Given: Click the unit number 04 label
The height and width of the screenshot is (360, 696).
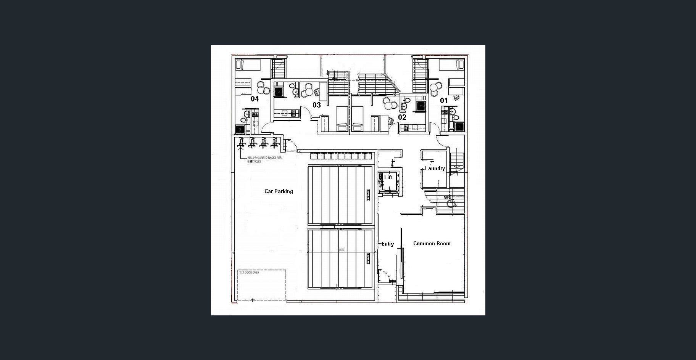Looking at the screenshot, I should pos(255,99).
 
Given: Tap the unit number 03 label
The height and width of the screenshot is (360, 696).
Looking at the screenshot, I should pos(317,105).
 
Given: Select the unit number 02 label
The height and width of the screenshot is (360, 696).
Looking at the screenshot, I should pos(402,117).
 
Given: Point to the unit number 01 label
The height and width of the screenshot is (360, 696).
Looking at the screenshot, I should pos(444,100).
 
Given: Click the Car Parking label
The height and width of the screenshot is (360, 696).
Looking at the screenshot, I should pos(279,191).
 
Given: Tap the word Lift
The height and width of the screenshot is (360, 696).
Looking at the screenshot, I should pos(388,177).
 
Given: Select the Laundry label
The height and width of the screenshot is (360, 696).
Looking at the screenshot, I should pos(435,168).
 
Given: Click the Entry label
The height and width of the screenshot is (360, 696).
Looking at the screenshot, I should pos(388,244).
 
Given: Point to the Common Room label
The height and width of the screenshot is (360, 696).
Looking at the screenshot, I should pos(432,243).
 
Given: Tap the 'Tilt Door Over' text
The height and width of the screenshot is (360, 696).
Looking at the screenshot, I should pos(249,272).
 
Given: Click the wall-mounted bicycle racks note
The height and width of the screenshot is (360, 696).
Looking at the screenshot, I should pos(264,159).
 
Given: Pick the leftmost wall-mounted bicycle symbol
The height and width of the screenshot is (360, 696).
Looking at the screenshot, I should pos(241,143).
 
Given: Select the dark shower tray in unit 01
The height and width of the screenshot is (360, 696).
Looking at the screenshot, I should pos(459,127).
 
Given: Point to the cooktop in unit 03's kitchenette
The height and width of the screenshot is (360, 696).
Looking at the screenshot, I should pos(293,112).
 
